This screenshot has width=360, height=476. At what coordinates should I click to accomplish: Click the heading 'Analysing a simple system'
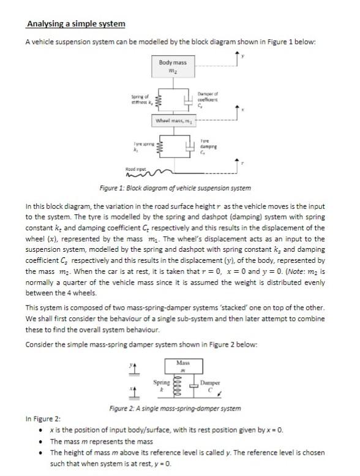(75, 24)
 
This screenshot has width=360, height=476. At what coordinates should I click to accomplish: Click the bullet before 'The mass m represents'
(40, 441)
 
